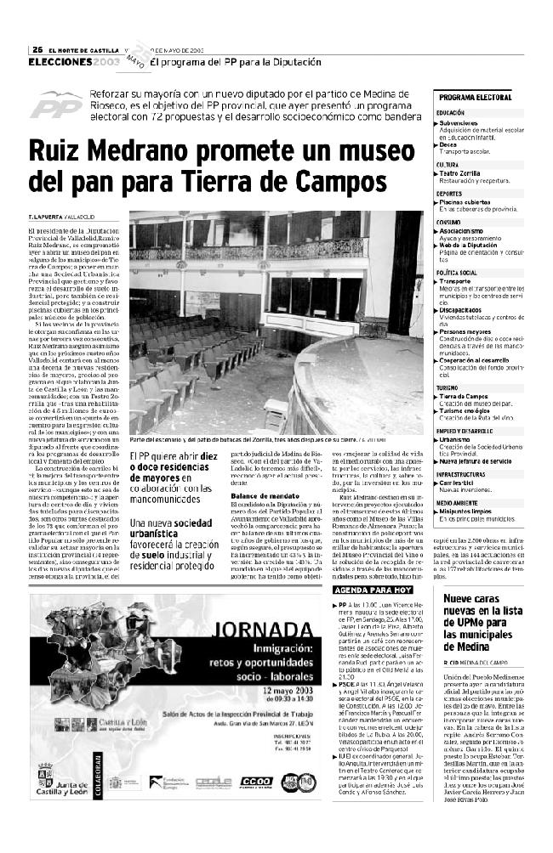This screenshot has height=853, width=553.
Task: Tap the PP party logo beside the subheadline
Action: pos(57,105)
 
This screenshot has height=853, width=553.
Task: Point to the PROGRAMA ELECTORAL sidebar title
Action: pos(476,98)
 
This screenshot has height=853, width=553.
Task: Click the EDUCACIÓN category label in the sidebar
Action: pos(450,112)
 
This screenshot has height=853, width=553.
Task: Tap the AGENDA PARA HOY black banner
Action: pos(373,565)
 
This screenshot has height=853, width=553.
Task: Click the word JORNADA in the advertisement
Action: pos(257,630)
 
